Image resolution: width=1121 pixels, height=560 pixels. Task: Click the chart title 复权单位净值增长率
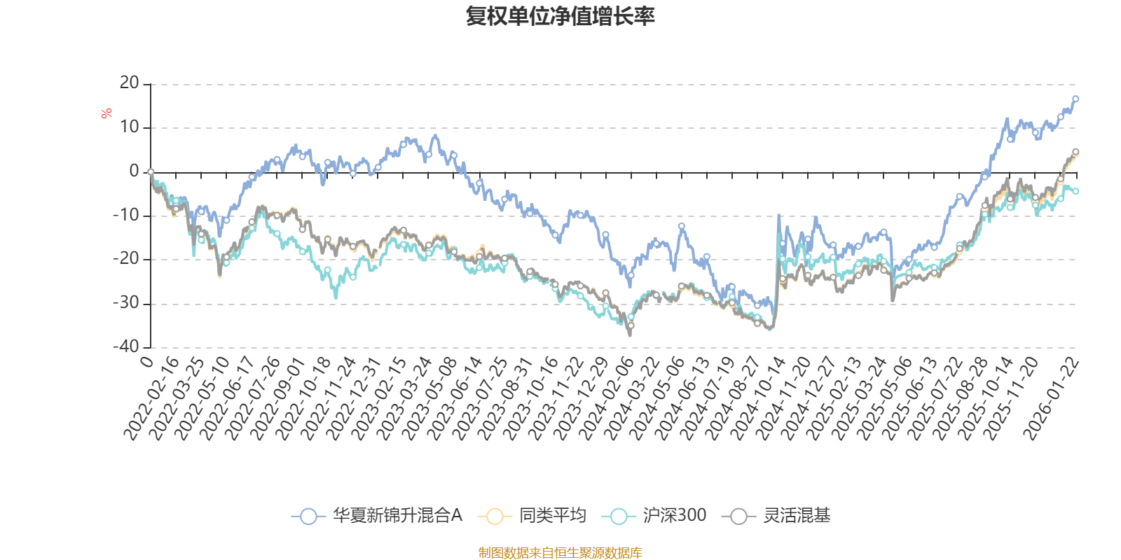560,16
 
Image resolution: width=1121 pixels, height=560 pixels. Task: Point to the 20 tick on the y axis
130,83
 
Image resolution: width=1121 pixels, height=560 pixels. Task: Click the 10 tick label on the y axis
130,127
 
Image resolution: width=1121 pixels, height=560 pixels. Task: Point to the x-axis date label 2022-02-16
153,399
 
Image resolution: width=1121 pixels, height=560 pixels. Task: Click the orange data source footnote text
560,553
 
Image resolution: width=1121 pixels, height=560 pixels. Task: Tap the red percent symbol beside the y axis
106,113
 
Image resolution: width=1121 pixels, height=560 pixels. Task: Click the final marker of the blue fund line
1075,99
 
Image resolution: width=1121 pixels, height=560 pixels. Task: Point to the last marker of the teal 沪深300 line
1075,191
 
